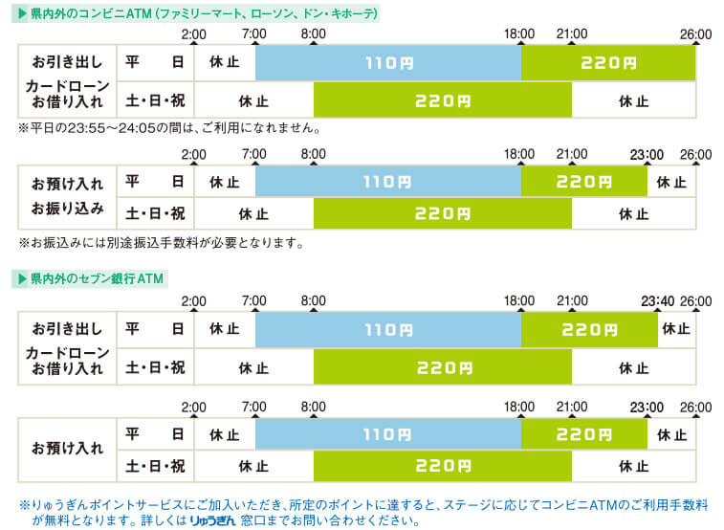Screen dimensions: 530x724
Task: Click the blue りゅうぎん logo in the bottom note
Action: coord(214,521)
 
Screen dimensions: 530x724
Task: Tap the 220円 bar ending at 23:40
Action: coord(589,330)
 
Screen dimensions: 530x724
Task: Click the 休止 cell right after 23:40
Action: coord(676,330)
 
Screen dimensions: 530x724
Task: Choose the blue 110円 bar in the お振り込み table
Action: coord(387,181)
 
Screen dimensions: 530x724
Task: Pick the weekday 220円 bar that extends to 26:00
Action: coord(608,63)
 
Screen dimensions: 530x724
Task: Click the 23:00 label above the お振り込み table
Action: coord(647,154)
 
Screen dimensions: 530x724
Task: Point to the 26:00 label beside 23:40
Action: coord(695,301)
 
